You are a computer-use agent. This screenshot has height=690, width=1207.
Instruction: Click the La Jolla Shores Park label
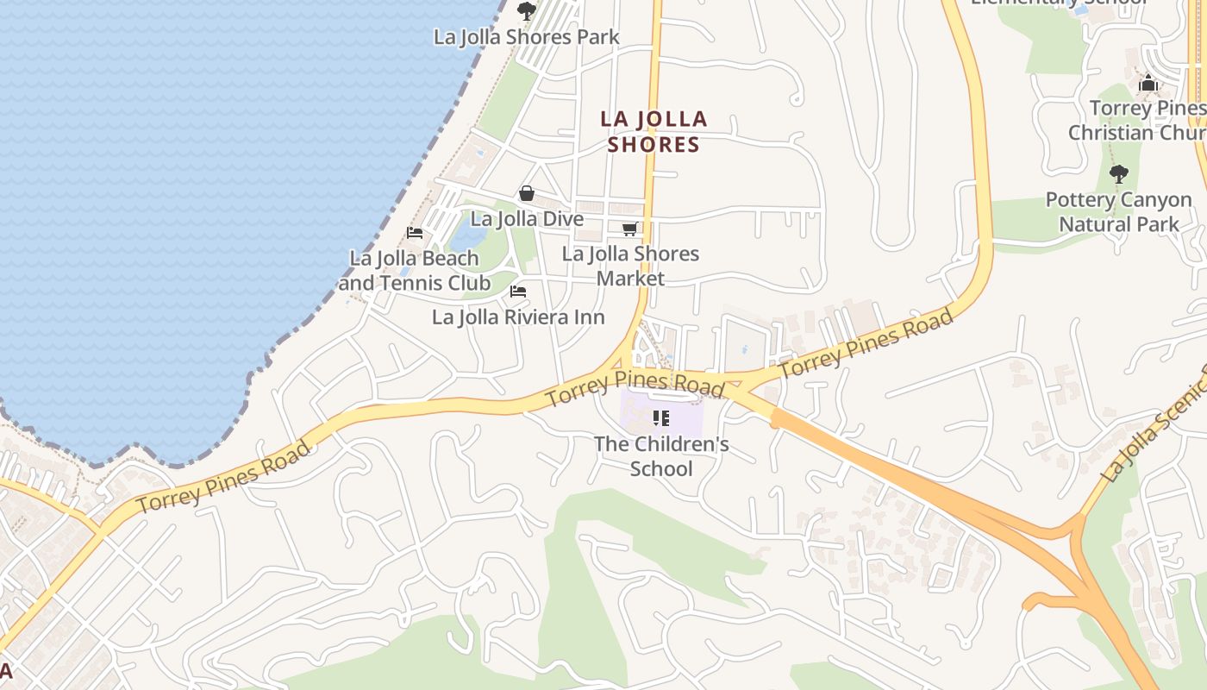click(x=526, y=37)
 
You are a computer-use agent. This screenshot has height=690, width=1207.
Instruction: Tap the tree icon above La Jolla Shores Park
click(x=526, y=11)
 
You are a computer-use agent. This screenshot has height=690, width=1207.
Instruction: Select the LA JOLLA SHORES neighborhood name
click(x=654, y=131)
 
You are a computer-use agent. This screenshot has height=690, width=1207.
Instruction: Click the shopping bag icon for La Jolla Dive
click(x=526, y=193)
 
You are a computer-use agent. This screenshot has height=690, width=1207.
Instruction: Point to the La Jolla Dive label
click(x=526, y=219)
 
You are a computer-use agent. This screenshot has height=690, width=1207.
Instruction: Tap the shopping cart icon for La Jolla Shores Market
click(x=629, y=229)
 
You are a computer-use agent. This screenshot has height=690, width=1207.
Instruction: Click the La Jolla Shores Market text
click(x=630, y=266)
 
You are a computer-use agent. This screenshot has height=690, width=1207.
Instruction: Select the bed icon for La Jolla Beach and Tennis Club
click(x=415, y=232)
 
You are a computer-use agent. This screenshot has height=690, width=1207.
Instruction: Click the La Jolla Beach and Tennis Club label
click(x=414, y=270)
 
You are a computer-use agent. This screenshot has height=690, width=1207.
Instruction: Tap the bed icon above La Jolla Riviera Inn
click(x=518, y=292)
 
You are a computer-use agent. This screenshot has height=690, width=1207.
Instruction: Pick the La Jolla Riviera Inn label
click(x=518, y=317)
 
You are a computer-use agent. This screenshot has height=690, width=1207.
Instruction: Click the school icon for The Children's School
click(x=661, y=419)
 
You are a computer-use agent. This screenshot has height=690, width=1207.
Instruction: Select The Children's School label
click(x=661, y=456)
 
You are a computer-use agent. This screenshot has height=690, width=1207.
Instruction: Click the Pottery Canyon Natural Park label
click(x=1118, y=211)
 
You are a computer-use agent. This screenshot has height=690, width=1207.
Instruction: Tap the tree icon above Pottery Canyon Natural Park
click(x=1118, y=174)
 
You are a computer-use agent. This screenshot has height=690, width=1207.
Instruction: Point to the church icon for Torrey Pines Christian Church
click(x=1148, y=84)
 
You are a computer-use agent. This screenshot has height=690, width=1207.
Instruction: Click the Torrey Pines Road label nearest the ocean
click(x=222, y=477)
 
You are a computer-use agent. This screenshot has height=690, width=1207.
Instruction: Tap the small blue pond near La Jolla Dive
click(x=465, y=233)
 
